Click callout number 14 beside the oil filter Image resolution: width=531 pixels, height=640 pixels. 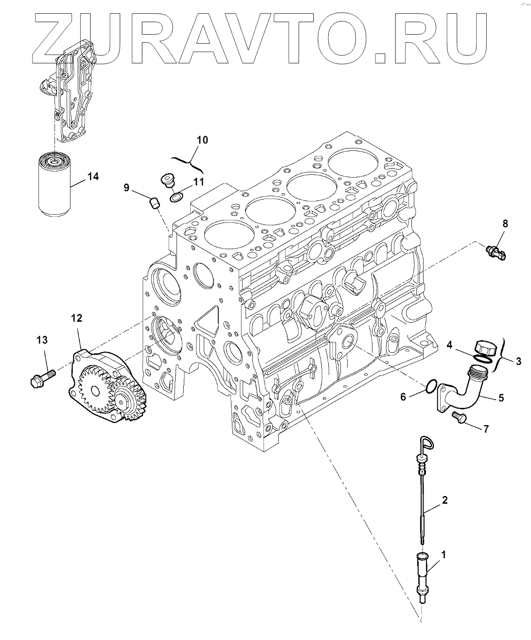93,176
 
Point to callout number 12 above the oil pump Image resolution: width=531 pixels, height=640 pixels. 77,318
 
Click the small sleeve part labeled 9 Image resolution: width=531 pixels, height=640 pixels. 154,203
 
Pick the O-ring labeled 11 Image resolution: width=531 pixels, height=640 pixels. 177,197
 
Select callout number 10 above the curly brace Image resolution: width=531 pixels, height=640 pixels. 202,140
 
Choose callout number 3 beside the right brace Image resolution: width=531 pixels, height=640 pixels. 518,361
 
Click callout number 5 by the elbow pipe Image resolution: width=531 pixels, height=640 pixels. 501,398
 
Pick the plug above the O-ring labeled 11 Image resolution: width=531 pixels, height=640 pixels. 168,180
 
